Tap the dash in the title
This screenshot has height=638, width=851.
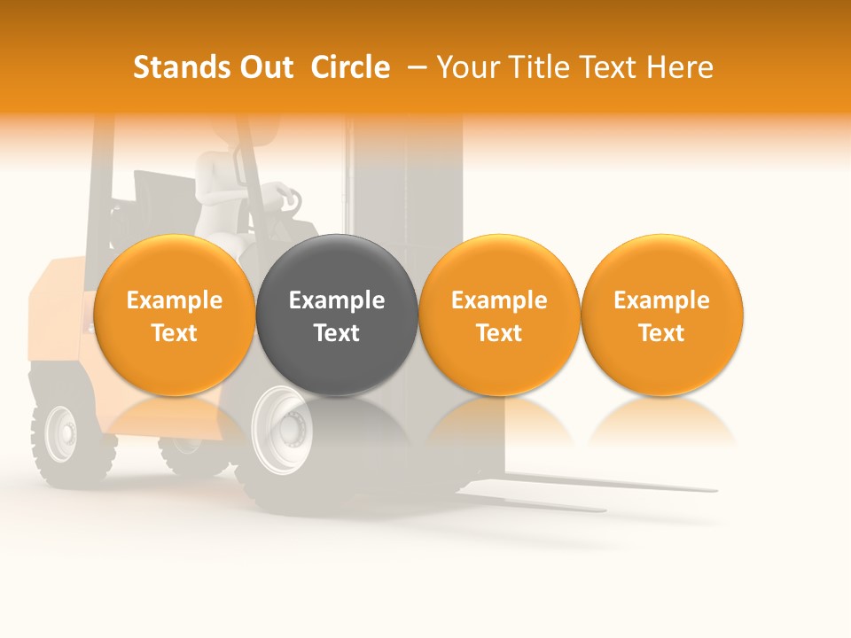click(x=418, y=67)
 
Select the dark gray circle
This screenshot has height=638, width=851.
click(x=337, y=315)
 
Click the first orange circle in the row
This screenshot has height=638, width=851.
click(x=175, y=315)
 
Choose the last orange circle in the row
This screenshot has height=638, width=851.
click(x=662, y=315)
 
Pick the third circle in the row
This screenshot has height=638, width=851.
click(x=499, y=315)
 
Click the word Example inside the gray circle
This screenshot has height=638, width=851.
click(x=337, y=300)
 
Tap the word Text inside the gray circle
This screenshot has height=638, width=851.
click(x=337, y=333)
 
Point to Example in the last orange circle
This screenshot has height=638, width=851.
click(x=662, y=300)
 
